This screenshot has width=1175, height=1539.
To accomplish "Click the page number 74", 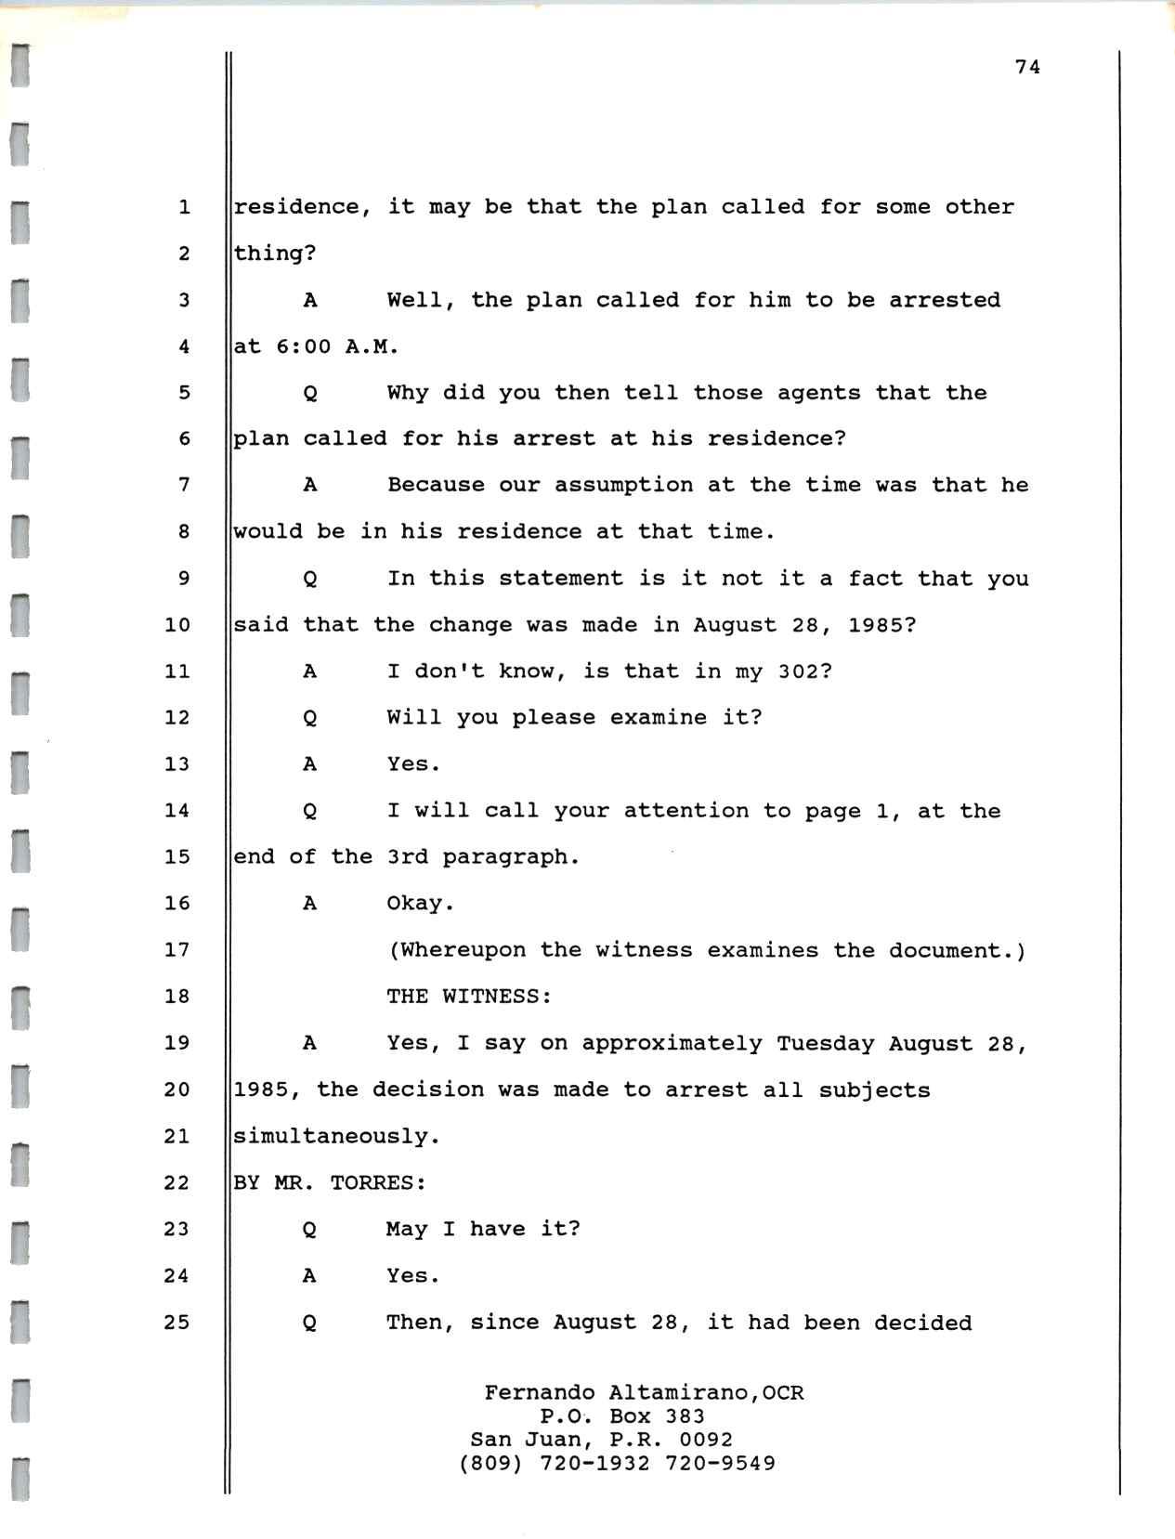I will pyautogui.click(x=1027, y=67).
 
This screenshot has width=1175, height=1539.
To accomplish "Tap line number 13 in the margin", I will pyautogui.click(x=176, y=764).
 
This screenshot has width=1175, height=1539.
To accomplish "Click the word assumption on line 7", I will pyautogui.click(x=623, y=485).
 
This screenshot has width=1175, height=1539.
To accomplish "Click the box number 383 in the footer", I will pyautogui.click(x=685, y=1416).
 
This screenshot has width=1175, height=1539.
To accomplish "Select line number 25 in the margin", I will pyautogui.click(x=176, y=1322).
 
